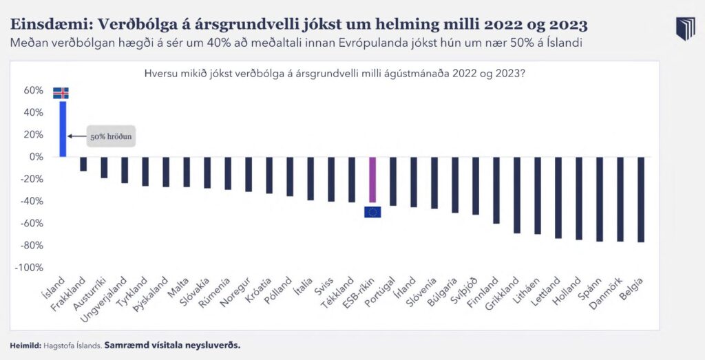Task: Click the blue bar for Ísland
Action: coord(63,129)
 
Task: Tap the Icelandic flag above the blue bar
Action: coord(61,93)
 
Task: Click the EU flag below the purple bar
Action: coord(372,211)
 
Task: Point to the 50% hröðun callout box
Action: coord(110,136)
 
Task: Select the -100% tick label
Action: coord(31,267)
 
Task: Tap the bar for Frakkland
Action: coord(83,164)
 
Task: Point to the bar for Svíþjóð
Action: coord(476,185)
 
